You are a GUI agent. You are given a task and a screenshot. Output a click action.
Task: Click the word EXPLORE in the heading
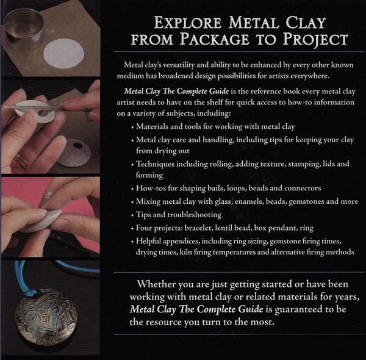(x=188, y=23)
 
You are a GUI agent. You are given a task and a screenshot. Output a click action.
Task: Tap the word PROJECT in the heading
(x=315, y=39)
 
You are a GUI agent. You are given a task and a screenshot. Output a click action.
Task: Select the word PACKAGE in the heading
(x=215, y=39)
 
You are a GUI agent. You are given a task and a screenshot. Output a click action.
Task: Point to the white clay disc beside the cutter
(x=63, y=54)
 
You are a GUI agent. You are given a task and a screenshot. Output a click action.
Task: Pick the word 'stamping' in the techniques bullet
(x=304, y=164)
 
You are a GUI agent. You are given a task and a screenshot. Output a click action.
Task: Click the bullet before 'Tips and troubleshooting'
(x=132, y=215)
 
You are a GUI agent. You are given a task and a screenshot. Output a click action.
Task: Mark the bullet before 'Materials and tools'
(x=132, y=128)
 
